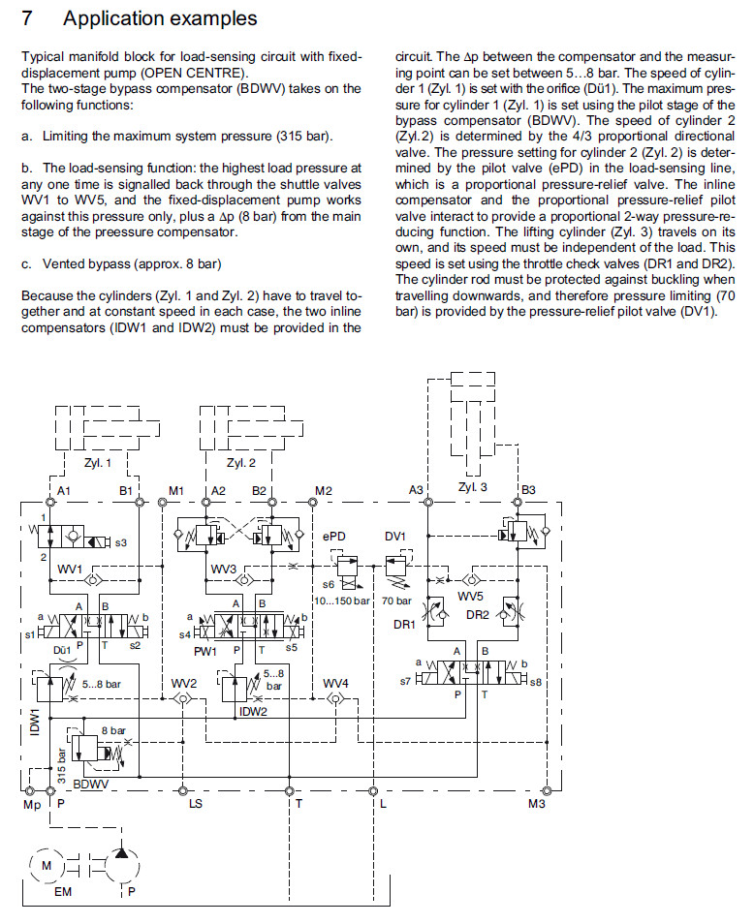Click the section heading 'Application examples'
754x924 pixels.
[x=160, y=18]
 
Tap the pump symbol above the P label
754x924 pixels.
[x=121, y=865]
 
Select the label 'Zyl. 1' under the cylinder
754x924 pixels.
[x=98, y=463]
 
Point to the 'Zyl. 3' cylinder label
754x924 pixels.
[x=473, y=487]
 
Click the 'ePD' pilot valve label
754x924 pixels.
[x=334, y=536]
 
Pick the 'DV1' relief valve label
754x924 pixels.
[x=394, y=536]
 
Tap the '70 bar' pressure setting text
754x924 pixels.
[x=396, y=601]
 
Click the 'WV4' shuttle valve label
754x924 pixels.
[x=335, y=682]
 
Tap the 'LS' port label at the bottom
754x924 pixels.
[x=195, y=804]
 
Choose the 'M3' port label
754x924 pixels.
[x=536, y=804]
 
